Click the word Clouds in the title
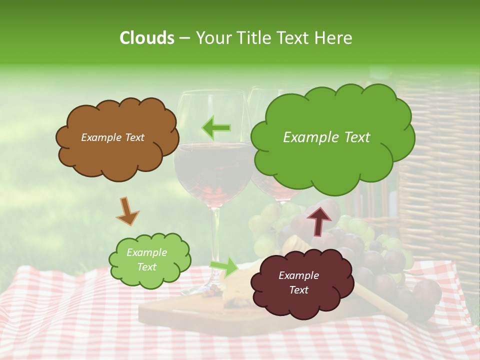(146, 38)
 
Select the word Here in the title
(333, 38)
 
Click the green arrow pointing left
(216, 127)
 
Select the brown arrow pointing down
(127, 210)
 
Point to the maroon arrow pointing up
(318, 220)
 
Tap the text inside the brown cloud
(112, 137)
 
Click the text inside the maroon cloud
(298, 282)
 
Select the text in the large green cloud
(326, 137)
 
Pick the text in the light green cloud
(146, 260)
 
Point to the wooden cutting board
(165, 312)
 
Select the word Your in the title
(213, 38)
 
